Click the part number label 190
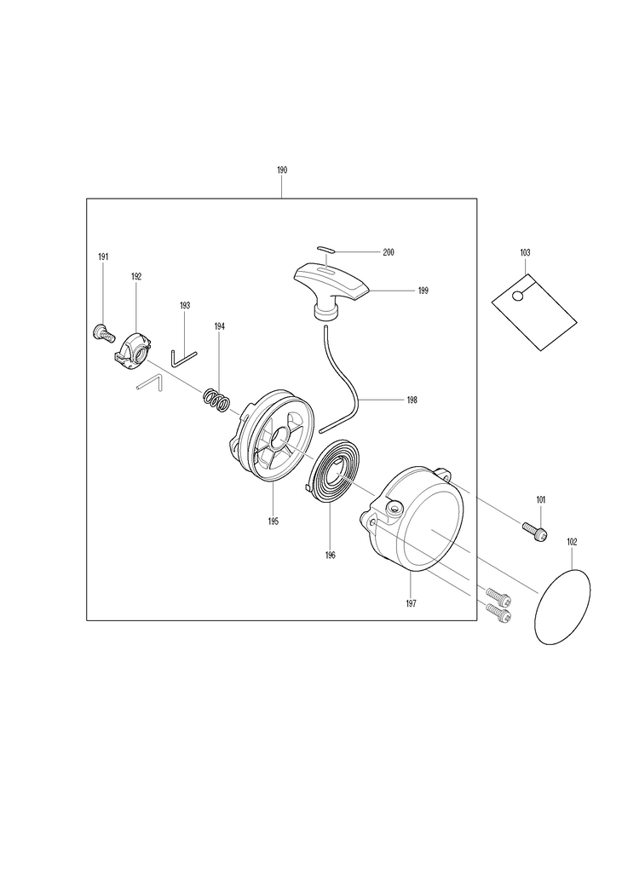(282, 170)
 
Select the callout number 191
(103, 257)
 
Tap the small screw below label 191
(102, 332)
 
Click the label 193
(185, 305)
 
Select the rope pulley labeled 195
(274, 434)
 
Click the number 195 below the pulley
(273, 521)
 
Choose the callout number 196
(330, 556)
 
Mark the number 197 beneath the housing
(411, 603)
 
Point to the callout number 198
(412, 399)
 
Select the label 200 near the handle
(389, 252)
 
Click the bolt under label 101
(533, 531)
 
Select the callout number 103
(525, 253)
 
